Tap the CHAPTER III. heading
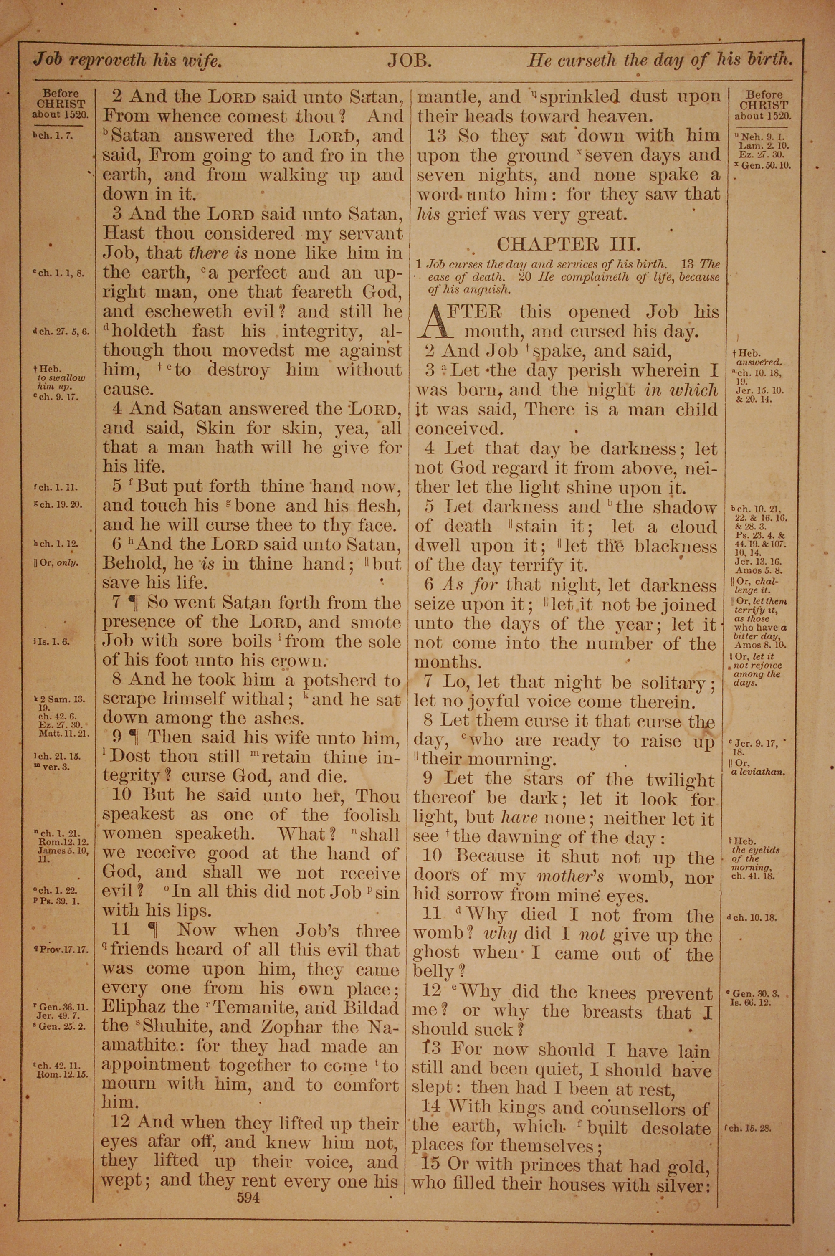tap(568, 244)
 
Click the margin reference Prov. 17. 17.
tap(62, 950)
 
